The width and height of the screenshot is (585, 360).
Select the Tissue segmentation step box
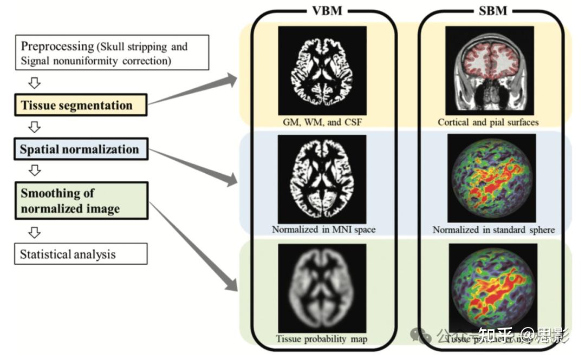tap(81, 105)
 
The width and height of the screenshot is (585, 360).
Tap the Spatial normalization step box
tap(81, 149)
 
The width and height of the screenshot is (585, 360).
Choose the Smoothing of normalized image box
tap(81, 200)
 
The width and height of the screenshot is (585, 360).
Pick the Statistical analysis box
tap(81, 254)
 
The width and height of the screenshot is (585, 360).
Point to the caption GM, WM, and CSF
tap(323, 122)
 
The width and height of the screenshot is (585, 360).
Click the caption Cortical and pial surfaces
tap(488, 122)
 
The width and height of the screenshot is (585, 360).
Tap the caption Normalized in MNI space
tap(323, 230)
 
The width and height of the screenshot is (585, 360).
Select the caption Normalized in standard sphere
tap(493, 230)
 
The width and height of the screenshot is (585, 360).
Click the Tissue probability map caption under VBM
tap(321, 339)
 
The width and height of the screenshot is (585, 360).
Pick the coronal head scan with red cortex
tap(490, 70)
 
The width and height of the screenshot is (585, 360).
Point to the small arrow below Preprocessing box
tap(34, 82)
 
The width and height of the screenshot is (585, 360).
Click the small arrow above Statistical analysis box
tap(34, 232)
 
